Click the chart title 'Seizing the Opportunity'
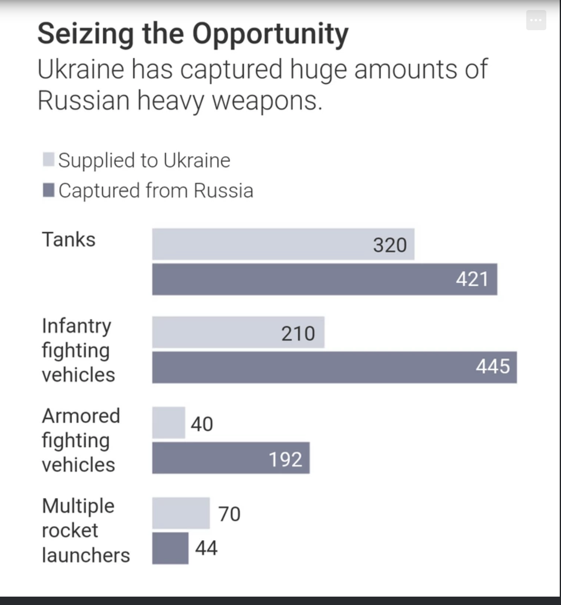click(x=193, y=34)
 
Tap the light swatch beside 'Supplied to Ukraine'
click(x=49, y=160)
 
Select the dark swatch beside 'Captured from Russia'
click(x=49, y=190)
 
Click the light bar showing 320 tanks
click(x=260, y=244)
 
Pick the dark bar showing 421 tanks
click(x=302, y=279)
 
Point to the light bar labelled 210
click(x=218, y=332)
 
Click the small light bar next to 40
click(x=169, y=423)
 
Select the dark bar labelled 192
click(x=210, y=458)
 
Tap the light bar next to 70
click(x=181, y=513)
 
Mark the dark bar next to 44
click(x=170, y=548)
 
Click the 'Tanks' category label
click(x=69, y=240)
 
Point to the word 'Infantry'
click(x=77, y=326)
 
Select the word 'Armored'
click(x=81, y=416)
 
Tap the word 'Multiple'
click(x=78, y=506)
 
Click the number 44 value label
click(x=206, y=548)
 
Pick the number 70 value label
click(x=229, y=514)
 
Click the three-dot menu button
click(x=536, y=20)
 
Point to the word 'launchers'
click(x=86, y=556)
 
